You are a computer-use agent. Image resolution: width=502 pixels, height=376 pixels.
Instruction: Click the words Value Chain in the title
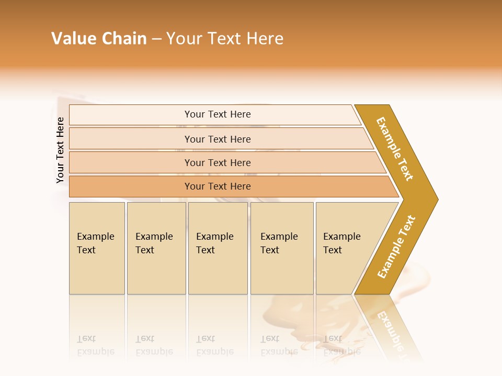pyautogui.click(x=99, y=39)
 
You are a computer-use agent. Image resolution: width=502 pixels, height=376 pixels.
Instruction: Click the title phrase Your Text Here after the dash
pyautogui.click(x=225, y=39)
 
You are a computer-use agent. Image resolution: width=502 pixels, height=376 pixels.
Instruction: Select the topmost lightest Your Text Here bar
pyautogui.click(x=218, y=114)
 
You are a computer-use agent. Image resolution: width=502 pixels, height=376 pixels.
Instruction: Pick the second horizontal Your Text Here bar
pyautogui.click(x=218, y=139)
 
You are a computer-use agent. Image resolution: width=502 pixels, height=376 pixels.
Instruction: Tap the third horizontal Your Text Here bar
pyautogui.click(x=218, y=162)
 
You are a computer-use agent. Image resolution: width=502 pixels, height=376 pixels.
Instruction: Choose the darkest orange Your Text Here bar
pyautogui.click(x=218, y=186)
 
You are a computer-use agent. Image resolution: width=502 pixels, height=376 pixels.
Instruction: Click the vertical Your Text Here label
pyautogui.click(x=60, y=150)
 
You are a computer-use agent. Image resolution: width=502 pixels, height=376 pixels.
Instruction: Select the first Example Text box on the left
pyautogui.click(x=97, y=248)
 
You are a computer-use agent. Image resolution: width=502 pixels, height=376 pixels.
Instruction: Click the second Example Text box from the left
pyautogui.click(x=156, y=248)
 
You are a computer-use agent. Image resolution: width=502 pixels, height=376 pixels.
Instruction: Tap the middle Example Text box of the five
pyautogui.click(x=218, y=248)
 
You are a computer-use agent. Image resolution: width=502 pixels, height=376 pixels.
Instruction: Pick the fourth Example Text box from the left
pyautogui.click(x=282, y=248)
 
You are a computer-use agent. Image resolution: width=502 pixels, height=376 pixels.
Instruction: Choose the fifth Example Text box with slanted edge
pyautogui.click(x=345, y=248)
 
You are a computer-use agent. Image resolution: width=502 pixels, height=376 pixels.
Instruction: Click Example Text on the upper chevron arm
pyautogui.click(x=395, y=149)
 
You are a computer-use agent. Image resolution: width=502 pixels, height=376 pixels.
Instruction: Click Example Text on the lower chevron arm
pyautogui.click(x=396, y=246)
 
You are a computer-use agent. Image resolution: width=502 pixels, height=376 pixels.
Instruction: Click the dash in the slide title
pyautogui.click(x=156, y=39)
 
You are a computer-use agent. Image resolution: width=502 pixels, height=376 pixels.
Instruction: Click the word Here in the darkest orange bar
pyautogui.click(x=240, y=186)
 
